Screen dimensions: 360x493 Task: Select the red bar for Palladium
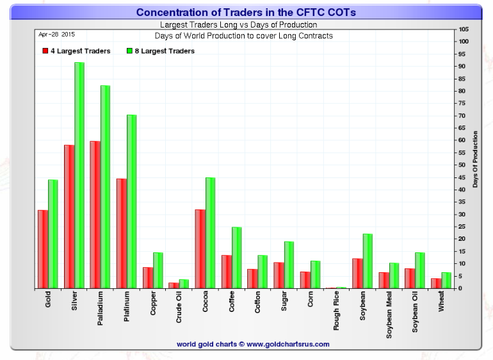(95, 215)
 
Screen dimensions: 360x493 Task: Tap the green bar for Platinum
(131, 201)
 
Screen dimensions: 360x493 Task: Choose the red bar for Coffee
(226, 272)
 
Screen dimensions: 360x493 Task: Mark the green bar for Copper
(158, 270)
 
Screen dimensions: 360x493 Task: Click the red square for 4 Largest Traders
(45, 51)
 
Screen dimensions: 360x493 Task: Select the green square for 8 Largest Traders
(129, 51)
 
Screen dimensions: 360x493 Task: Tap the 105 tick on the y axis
(464, 29)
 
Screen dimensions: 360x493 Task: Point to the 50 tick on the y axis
(463, 165)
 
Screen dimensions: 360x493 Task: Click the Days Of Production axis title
(475, 160)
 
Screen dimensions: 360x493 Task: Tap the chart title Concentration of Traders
(247, 12)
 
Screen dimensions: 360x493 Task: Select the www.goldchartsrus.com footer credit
(253, 344)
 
